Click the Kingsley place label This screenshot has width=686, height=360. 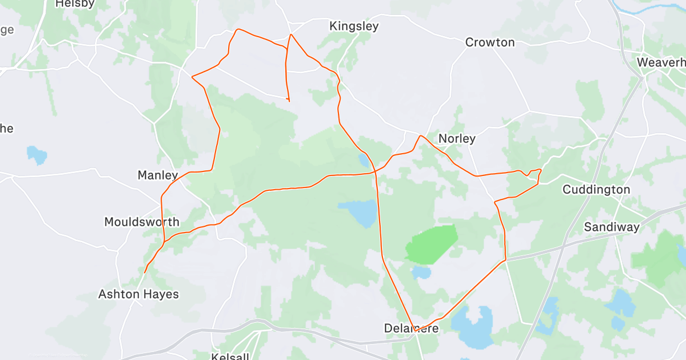tap(354, 26)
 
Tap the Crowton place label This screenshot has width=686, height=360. tap(489, 42)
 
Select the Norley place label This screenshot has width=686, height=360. tap(457, 138)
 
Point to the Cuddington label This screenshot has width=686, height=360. tap(596, 189)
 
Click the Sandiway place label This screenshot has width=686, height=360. tap(611, 227)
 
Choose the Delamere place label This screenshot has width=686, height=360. tap(411, 328)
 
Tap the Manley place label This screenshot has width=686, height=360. tap(158, 175)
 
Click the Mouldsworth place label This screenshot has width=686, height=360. tap(142, 222)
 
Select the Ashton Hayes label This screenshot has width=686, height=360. tap(138, 294)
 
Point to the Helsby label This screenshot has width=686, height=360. tap(75, 4)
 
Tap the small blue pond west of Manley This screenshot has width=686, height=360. tap(37, 154)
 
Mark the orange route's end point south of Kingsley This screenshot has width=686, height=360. tap(289, 101)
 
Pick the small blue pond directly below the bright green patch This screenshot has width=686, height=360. tap(422, 272)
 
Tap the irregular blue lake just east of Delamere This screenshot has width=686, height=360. tap(473, 327)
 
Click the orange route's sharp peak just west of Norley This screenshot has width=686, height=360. tap(420, 136)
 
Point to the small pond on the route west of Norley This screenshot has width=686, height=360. tap(364, 161)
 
